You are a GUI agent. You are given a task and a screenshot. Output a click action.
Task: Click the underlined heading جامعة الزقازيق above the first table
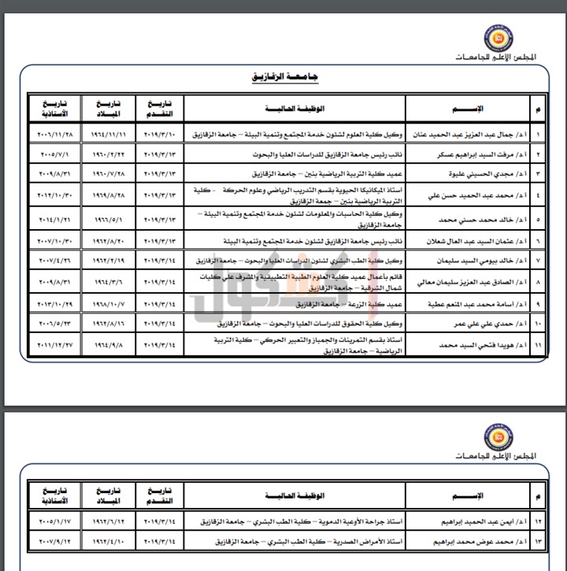click(284, 78)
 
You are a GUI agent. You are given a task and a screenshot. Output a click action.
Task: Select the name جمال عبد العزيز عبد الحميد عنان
click(468, 134)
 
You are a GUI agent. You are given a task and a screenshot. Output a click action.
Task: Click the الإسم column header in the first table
click(468, 107)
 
